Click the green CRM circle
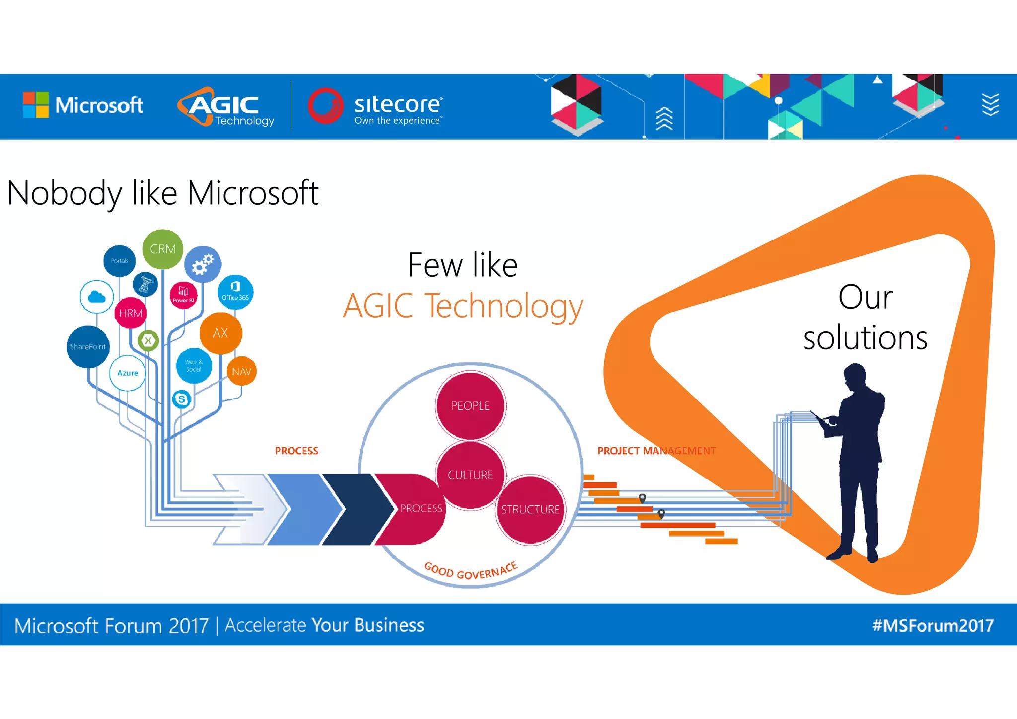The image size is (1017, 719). pyautogui.click(x=162, y=249)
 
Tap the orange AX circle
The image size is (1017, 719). pyautogui.click(x=220, y=333)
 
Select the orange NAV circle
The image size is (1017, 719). pyautogui.click(x=241, y=371)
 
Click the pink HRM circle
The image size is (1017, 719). pyautogui.click(x=131, y=313)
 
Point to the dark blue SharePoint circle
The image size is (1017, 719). pyautogui.click(x=88, y=346)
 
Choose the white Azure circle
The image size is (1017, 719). pyautogui.click(x=128, y=373)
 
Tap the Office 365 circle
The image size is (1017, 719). pyautogui.click(x=235, y=292)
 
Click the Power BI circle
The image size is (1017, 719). pyautogui.click(x=183, y=295)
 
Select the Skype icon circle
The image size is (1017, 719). pyautogui.click(x=182, y=399)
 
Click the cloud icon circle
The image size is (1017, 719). pyautogui.click(x=97, y=297)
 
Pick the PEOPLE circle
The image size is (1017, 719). pyautogui.click(x=470, y=405)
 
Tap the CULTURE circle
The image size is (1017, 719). pyautogui.click(x=470, y=475)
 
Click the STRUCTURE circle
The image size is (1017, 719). pyautogui.click(x=530, y=509)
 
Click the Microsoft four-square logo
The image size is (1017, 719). pyautogui.click(x=36, y=105)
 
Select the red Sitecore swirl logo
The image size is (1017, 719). pyautogui.click(x=326, y=105)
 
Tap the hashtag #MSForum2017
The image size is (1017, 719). pyautogui.click(x=933, y=625)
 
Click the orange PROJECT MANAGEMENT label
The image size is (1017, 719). pyautogui.click(x=656, y=451)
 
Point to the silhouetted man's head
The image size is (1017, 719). pyautogui.click(x=854, y=375)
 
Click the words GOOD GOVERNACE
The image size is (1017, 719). pyautogui.click(x=471, y=571)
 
